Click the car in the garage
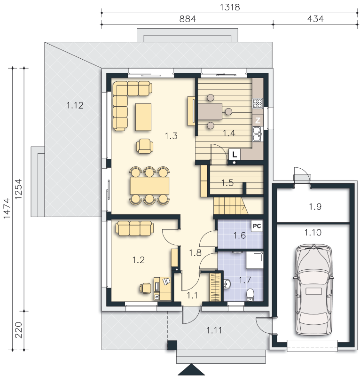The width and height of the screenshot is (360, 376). [x=313, y=290]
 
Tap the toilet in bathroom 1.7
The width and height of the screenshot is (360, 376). [x=250, y=295]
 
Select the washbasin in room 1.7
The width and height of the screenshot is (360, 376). [x=227, y=284]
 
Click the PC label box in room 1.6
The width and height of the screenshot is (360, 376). [x=257, y=226]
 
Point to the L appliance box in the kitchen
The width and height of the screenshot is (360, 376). [x=235, y=155]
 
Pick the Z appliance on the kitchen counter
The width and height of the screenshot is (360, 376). [x=258, y=120]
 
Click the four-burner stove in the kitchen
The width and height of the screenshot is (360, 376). [x=258, y=103]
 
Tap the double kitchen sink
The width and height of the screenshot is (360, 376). [x=257, y=134]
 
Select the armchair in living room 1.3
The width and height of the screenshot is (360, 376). [x=145, y=146]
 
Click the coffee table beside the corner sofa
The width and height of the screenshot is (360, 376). [x=143, y=117]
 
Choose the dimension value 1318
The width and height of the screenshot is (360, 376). [x=230, y=7]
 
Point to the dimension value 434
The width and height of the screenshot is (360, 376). [x=315, y=19]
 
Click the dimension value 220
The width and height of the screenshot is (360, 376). [x=18, y=330]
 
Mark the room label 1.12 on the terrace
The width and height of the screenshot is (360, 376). [x=75, y=105]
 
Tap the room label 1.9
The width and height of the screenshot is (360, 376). [x=315, y=206]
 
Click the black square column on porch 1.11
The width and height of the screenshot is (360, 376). [x=172, y=345]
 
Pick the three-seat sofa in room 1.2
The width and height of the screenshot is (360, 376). [x=135, y=228]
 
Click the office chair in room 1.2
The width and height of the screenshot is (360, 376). [x=145, y=288]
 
